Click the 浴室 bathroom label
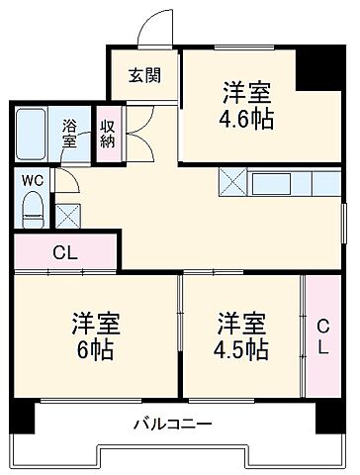pos(71,134)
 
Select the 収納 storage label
pos(106,134)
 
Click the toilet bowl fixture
pos(32,206)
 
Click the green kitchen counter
pos(294,183)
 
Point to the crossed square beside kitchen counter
pos(233,183)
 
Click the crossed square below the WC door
pos(68,215)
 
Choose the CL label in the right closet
pos(322,336)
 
